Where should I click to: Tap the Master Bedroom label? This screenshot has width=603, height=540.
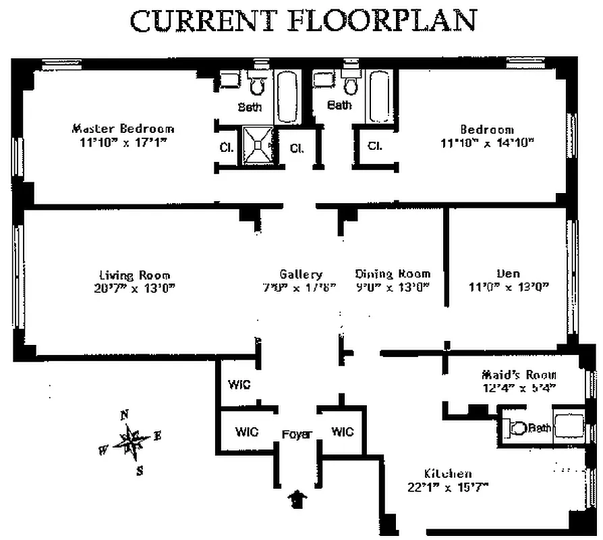tap(123, 128)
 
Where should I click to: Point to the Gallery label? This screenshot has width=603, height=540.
tap(301, 274)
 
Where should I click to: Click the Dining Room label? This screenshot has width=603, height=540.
tap(393, 273)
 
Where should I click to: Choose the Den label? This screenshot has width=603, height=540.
tap(508, 273)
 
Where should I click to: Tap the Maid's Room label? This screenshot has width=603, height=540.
tap(519, 375)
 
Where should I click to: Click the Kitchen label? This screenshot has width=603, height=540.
tap(447, 473)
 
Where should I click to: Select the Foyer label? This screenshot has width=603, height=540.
tap(296, 434)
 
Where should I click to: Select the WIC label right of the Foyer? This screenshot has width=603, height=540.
tap(343, 432)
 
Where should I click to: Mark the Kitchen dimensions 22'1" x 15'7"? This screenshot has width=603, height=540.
tap(447, 487)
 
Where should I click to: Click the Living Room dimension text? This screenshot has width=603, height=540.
tap(134, 287)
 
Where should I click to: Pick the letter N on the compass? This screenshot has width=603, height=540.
tap(124, 415)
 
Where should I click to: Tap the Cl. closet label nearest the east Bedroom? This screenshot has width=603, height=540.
tap(375, 145)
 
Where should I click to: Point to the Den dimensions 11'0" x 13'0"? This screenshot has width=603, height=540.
tap(508, 286)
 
